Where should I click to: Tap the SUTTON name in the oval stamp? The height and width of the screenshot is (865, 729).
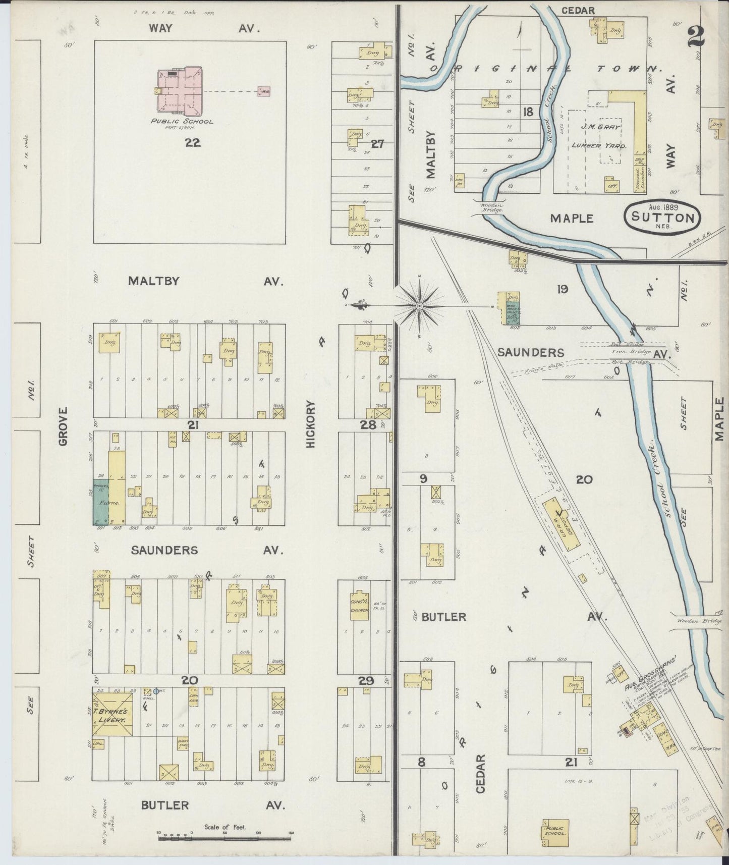662,218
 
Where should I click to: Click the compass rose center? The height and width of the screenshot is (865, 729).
420,306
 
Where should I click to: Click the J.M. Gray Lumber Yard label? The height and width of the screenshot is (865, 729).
598,136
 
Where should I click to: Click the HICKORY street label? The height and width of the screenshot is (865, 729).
310,424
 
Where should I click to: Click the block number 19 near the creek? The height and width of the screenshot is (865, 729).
563,289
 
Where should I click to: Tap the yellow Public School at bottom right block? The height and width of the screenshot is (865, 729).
554,826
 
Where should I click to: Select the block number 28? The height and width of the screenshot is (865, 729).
368,425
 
